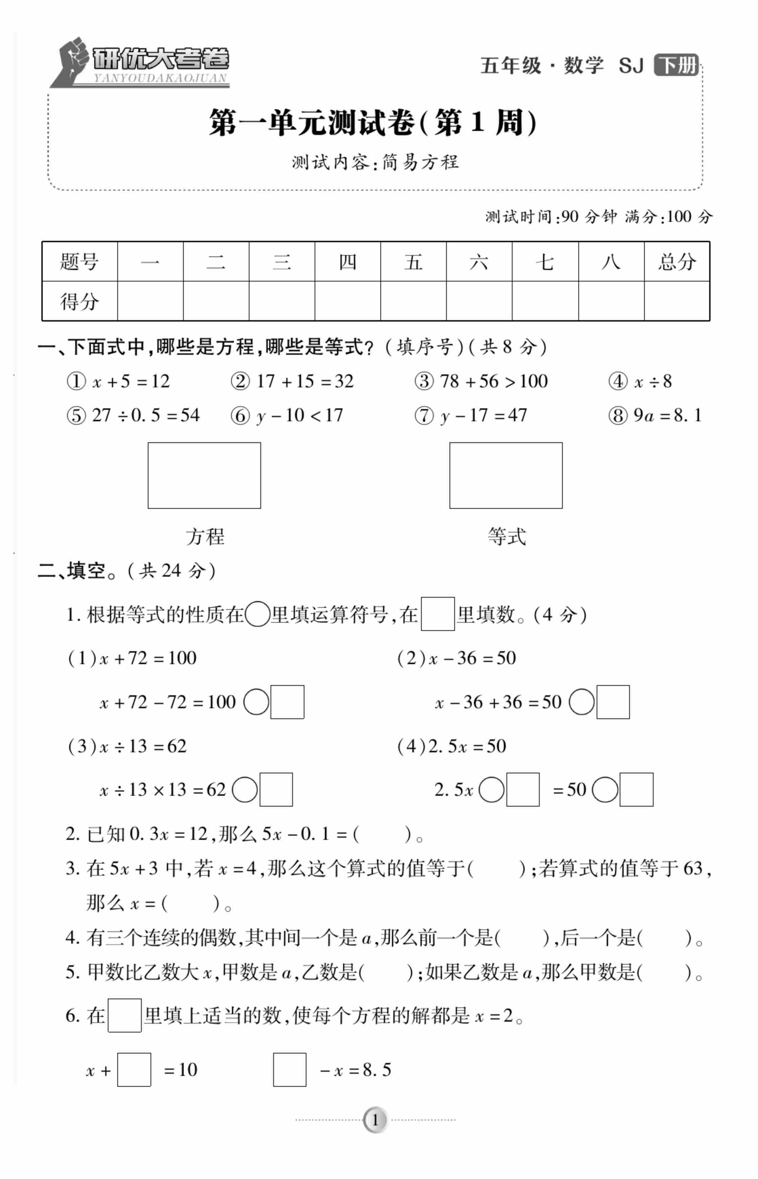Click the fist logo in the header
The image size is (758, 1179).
point(73,60)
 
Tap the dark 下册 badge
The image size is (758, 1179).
point(676,65)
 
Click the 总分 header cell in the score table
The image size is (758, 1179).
point(677,262)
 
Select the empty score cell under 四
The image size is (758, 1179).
point(347,301)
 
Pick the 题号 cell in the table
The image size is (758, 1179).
point(79,262)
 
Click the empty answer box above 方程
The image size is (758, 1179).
point(204,475)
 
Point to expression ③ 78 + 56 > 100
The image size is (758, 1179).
point(481,381)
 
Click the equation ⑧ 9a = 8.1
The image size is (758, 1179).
point(655,415)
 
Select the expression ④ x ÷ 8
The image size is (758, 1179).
point(640,381)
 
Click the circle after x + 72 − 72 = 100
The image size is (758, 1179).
point(256,702)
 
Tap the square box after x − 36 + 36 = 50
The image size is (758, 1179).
point(613,702)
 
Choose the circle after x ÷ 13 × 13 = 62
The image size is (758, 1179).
point(245,789)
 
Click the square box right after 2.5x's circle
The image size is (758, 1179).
point(523,789)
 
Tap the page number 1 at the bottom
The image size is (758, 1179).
point(375,1120)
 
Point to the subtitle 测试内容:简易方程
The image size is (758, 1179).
point(375,162)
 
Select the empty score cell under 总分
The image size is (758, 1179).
point(677,301)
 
